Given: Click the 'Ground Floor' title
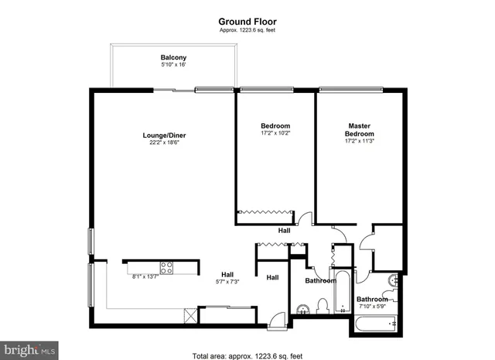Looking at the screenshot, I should pos(247,21).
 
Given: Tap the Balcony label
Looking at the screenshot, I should pos(173,58).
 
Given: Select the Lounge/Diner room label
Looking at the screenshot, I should pos(164,135).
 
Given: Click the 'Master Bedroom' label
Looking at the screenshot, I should pos(359,130).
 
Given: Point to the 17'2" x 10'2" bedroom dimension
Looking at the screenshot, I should pos(275,133).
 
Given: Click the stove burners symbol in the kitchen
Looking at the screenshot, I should pos(166,269).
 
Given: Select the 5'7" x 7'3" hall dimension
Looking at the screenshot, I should pos(227,282).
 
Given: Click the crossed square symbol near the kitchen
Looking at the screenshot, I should pos(189,315).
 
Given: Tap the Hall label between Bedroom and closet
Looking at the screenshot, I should pos(285,230).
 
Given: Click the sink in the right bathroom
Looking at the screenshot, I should pos(394,281).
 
